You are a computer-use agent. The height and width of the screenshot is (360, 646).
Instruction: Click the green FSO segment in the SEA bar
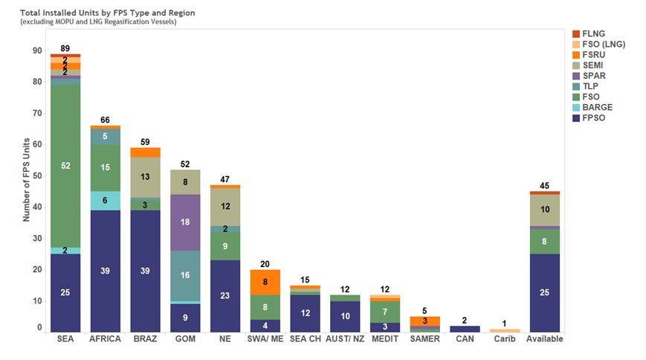(x=65, y=165)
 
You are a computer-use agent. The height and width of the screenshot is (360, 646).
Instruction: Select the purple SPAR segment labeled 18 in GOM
(x=186, y=222)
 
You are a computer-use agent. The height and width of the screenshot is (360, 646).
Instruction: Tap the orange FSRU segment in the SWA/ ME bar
(x=266, y=282)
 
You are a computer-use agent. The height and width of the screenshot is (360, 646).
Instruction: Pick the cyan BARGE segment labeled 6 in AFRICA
(x=106, y=201)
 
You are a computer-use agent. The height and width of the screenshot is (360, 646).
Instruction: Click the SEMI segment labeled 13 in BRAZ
(x=146, y=177)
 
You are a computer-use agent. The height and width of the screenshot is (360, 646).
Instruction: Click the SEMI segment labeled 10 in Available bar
(x=545, y=210)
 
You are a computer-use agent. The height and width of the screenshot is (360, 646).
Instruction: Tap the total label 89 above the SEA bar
(x=65, y=48)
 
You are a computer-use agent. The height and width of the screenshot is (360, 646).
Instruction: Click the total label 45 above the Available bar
(x=545, y=185)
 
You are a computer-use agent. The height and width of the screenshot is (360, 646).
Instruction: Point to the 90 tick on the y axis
(x=37, y=51)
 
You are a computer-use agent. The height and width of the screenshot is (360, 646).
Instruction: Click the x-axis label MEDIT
(x=385, y=339)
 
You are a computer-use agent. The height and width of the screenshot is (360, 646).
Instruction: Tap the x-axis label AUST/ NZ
(x=345, y=339)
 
